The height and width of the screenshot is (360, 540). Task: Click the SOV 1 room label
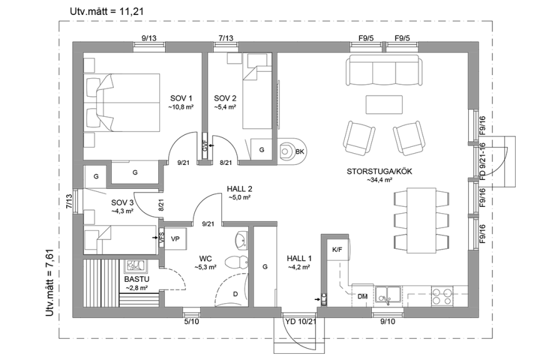point(181,98)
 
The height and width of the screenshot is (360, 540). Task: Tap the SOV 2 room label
point(225,98)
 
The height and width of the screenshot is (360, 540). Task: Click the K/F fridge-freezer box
point(337,250)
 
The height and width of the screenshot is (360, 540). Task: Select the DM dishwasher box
point(363,296)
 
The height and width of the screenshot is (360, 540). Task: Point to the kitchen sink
point(389,293)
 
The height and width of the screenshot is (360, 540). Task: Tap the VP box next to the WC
point(175,239)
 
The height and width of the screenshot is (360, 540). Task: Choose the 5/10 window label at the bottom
point(191,322)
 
